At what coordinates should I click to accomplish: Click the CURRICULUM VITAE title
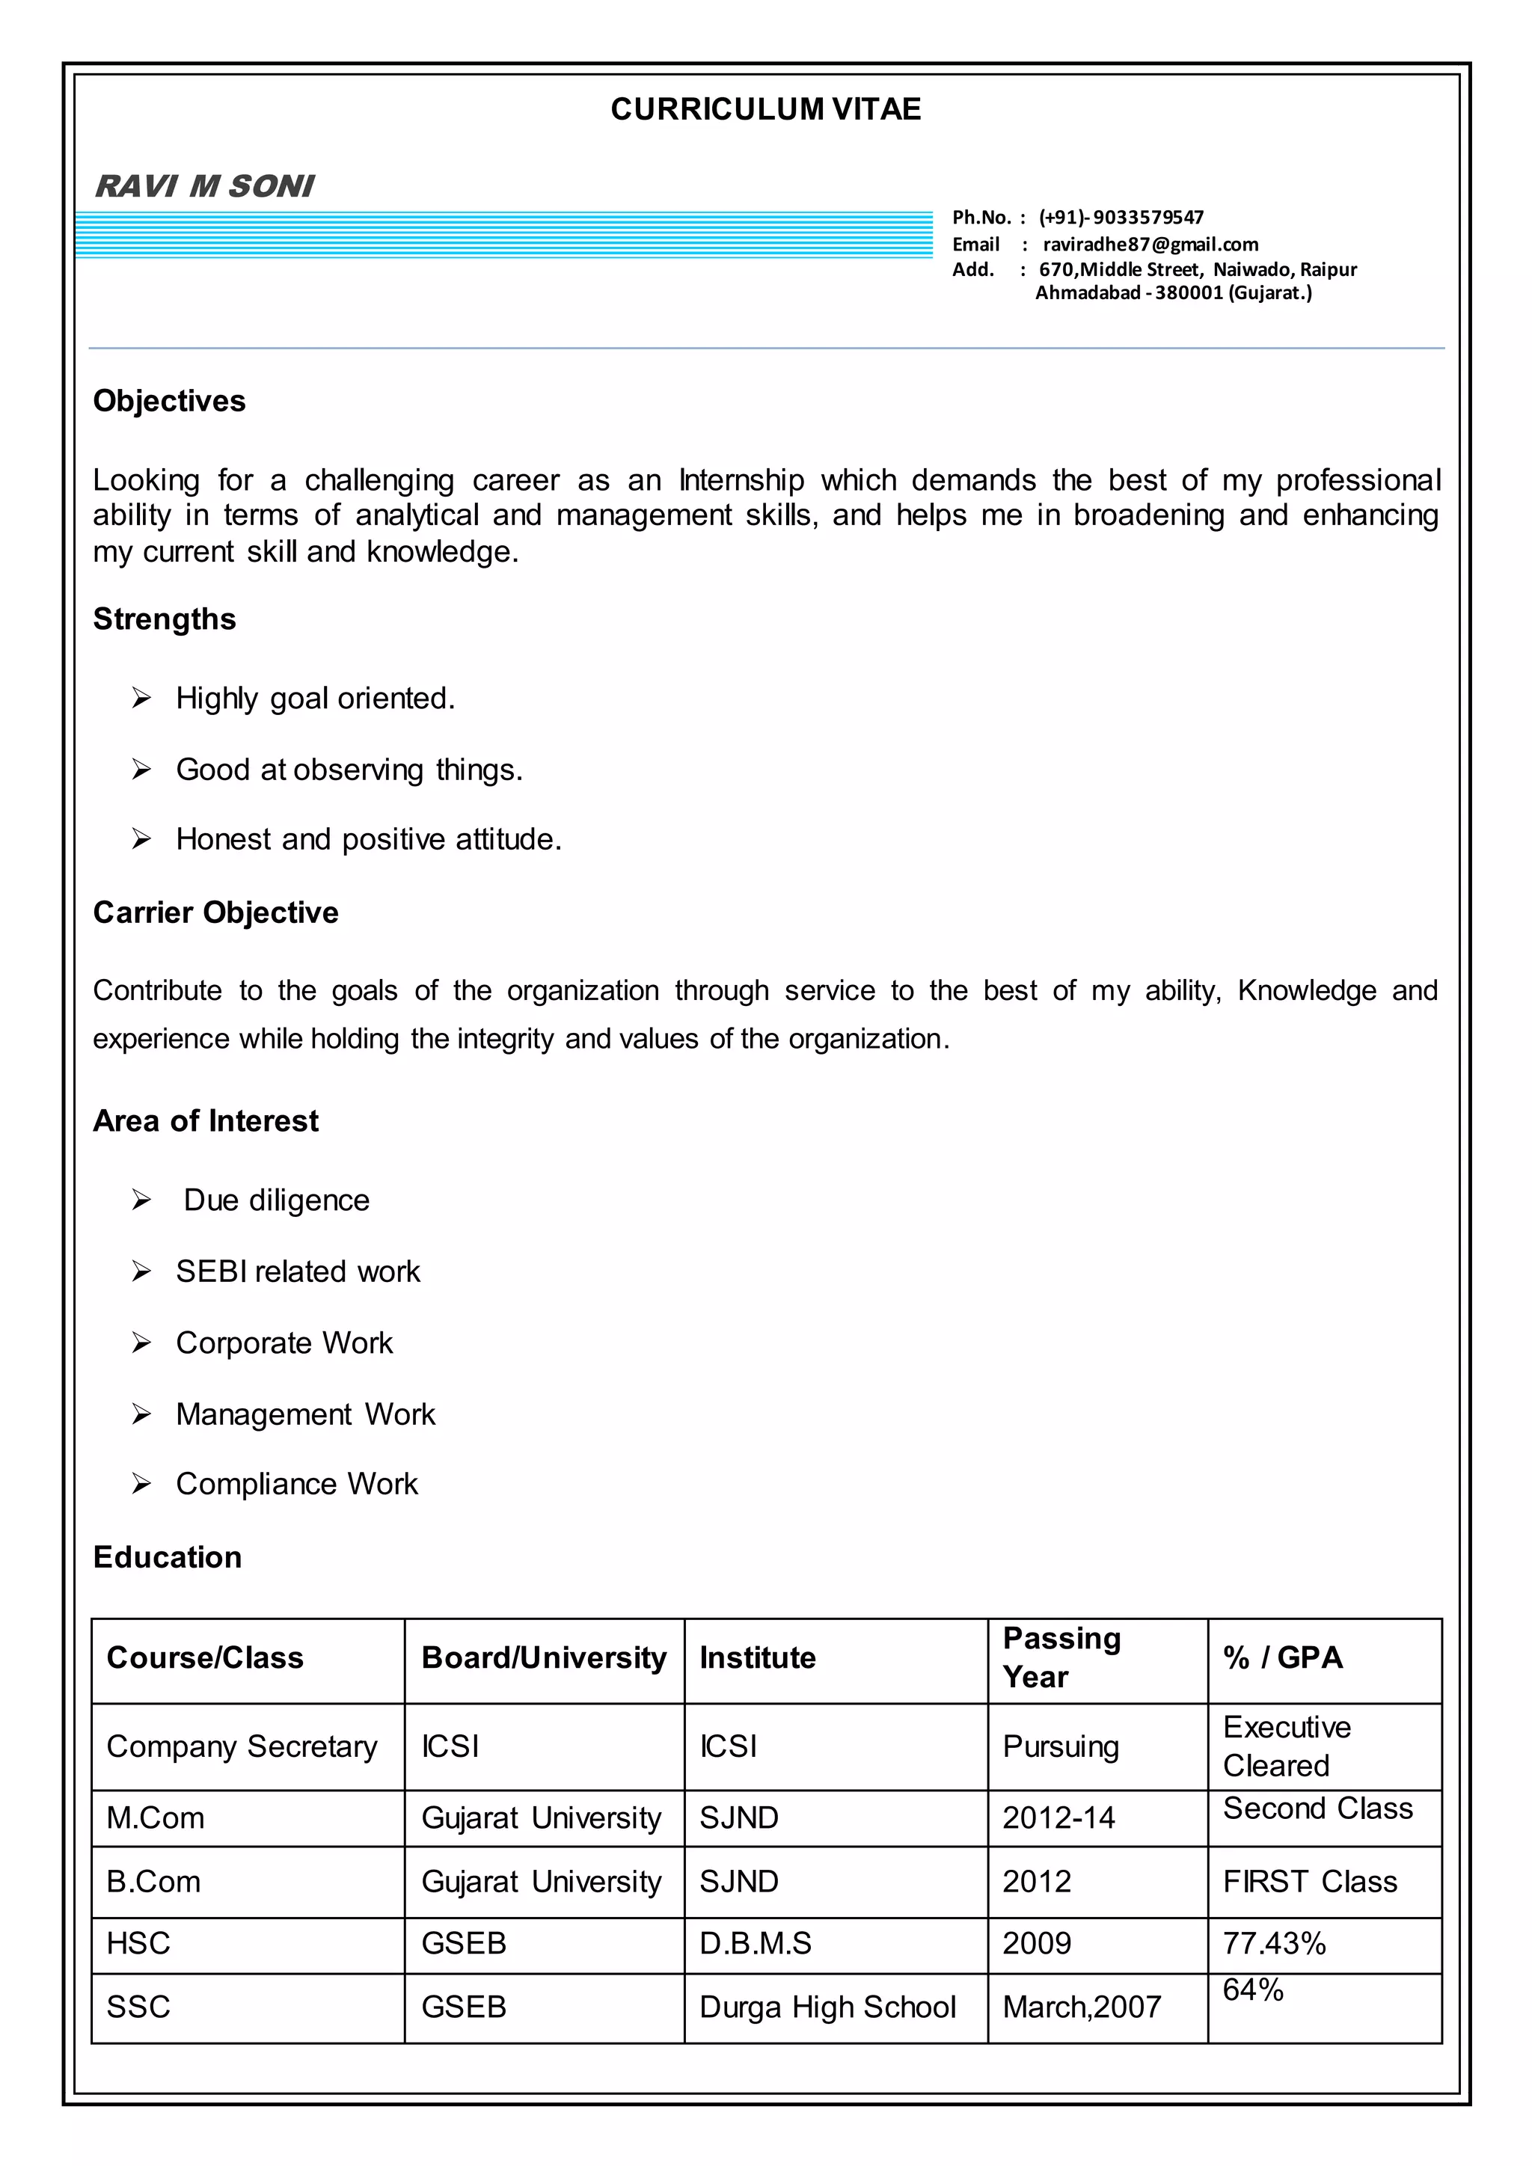765,109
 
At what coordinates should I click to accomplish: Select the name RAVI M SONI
205,185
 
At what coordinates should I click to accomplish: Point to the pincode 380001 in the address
1189,293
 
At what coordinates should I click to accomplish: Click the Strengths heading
164,620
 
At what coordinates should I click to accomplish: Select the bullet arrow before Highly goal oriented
141,698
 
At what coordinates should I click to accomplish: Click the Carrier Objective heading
215,913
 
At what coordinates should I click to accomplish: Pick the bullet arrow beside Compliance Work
141,1484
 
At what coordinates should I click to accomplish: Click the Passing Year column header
1061,1657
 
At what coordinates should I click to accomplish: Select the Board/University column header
543,1658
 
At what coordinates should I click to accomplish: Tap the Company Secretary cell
242,1746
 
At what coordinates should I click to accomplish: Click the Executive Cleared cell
1287,1746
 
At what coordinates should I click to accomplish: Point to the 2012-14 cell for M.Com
1058,1818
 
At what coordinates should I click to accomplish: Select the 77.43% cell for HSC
1275,1943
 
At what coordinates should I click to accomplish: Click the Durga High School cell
827,2007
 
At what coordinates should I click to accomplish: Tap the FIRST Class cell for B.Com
1309,1882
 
